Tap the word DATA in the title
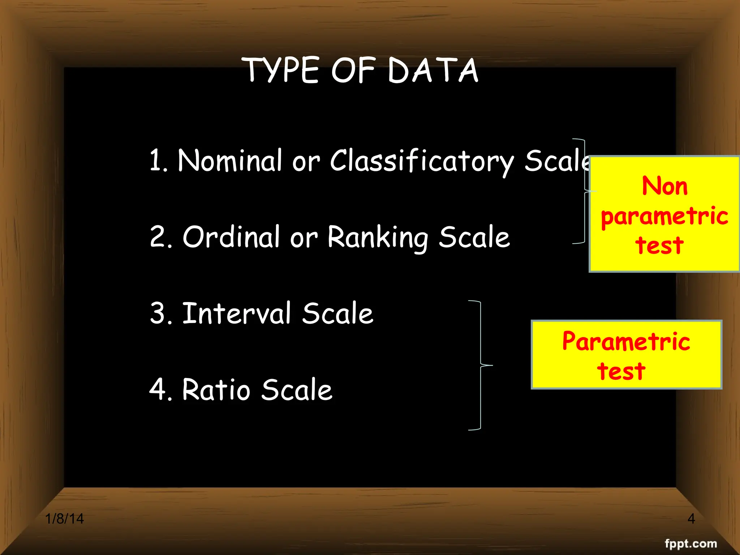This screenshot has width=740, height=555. pos(433,70)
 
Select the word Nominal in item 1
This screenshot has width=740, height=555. pos(229,161)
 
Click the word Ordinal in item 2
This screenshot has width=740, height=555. pos(231,237)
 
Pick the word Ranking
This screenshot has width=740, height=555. pos(378,238)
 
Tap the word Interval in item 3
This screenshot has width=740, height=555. pos(237,314)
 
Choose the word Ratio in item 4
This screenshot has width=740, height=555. pos(216,390)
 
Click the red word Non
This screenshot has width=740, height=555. pos(664,186)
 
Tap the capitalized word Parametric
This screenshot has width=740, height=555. pos(626,341)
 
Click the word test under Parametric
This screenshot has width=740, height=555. pos(621,371)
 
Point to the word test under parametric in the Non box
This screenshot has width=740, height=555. pos(659,246)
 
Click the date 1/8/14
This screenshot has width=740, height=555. pos(64,519)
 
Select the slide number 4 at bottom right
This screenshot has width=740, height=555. pos(691,519)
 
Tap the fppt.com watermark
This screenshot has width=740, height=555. pos(691,543)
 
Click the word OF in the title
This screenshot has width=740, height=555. pos(353,70)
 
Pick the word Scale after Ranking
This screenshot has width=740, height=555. pos(474,237)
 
